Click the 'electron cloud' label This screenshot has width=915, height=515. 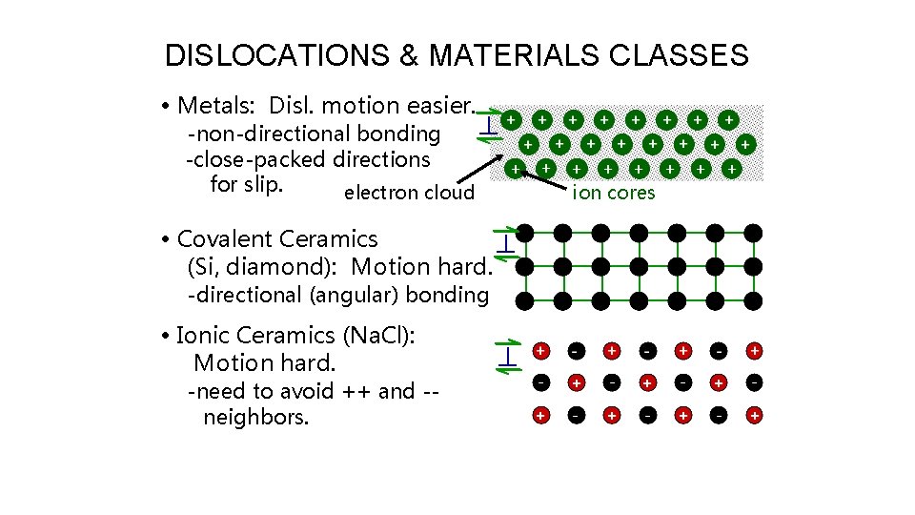point(409,194)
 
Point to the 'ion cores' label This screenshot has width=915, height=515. point(613,194)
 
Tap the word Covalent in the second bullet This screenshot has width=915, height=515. point(234,239)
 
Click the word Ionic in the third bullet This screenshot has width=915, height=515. point(203,336)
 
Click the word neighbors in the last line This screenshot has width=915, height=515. point(255,417)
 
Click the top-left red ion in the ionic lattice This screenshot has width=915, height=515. point(540,351)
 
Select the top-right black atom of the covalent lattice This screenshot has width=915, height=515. point(753,233)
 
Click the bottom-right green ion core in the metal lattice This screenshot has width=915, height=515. point(731,168)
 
